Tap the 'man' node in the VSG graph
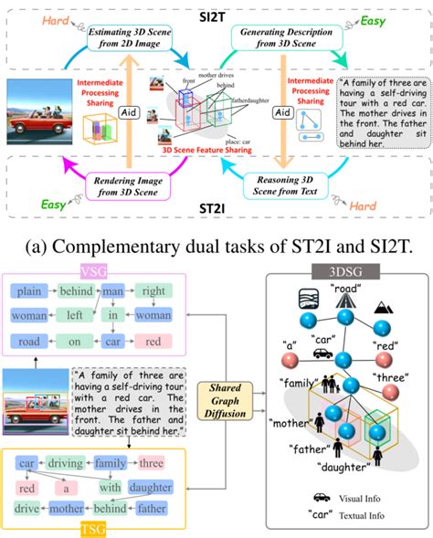tap(113, 292)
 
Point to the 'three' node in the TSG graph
tap(151, 462)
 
